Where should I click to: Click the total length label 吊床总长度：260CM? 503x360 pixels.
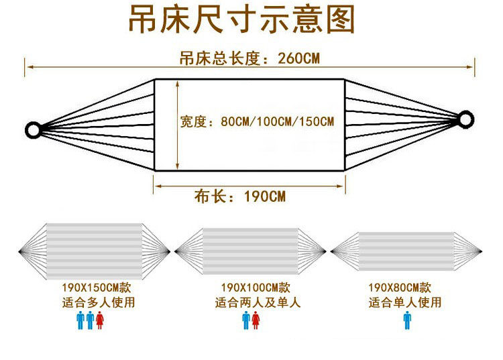point(249,58)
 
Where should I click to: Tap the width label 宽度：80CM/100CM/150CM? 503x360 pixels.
point(257,122)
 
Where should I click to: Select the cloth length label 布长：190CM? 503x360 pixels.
point(240,196)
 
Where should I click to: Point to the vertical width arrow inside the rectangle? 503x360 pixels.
point(177,125)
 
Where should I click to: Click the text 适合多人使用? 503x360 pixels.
point(98,302)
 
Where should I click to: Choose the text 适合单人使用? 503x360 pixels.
point(405,302)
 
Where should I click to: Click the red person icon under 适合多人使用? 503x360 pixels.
point(100,320)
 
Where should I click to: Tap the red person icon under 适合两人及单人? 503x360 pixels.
point(256,320)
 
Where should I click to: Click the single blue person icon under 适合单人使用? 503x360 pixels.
point(407,320)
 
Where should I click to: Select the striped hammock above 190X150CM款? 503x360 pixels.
point(94,251)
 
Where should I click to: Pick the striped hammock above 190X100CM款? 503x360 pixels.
point(250,251)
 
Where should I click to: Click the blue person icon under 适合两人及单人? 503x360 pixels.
point(246,320)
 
